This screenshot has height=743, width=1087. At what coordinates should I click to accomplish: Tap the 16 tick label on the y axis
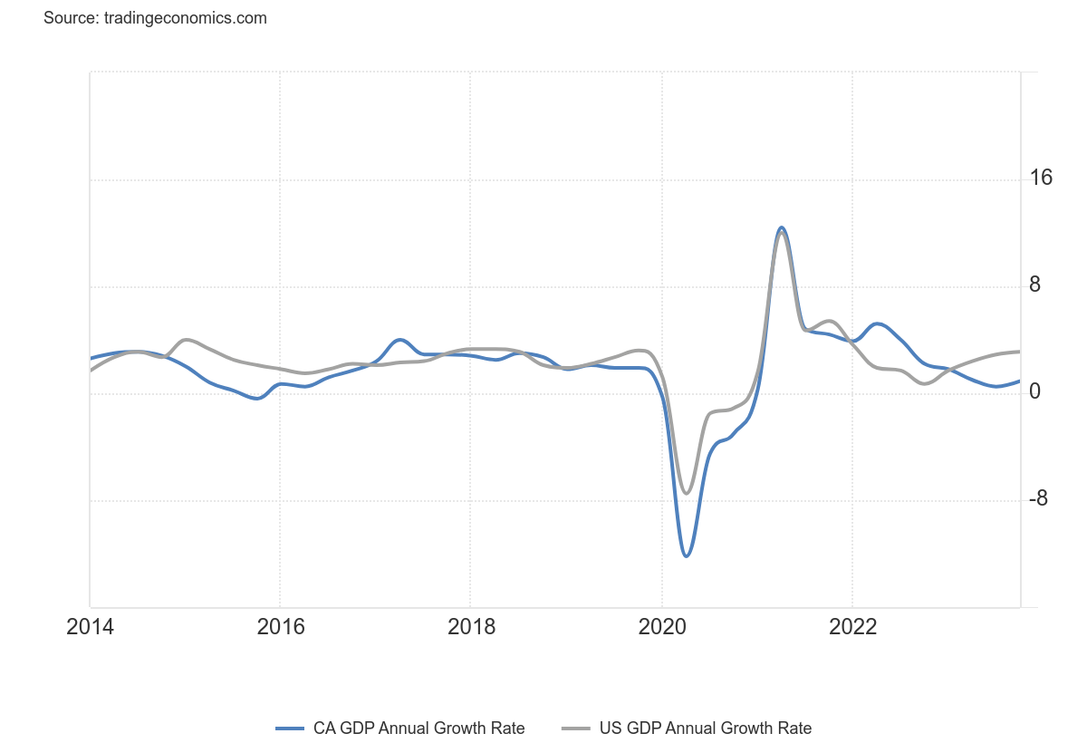(1041, 178)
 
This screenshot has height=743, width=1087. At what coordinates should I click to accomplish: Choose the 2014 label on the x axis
(91, 627)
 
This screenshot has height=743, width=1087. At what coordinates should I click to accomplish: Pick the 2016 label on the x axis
(280, 627)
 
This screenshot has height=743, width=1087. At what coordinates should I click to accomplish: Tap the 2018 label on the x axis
(471, 627)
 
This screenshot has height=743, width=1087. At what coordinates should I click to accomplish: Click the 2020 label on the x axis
(662, 627)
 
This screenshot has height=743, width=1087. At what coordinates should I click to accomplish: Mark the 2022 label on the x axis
(852, 627)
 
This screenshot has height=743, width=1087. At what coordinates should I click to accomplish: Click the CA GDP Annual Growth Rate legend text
(418, 728)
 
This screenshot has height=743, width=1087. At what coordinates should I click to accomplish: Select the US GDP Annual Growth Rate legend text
(705, 728)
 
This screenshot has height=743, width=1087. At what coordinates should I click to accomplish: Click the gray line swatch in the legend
(576, 728)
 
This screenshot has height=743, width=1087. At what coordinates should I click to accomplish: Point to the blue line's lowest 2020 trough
(687, 555)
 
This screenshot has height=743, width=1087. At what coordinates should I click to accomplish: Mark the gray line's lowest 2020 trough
(687, 493)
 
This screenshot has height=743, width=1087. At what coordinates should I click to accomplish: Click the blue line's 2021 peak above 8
(782, 227)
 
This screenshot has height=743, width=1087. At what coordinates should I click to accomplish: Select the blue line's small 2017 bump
(400, 340)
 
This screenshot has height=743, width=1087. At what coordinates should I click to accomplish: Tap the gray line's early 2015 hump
(186, 340)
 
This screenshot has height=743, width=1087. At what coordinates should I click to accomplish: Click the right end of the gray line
(1019, 352)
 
